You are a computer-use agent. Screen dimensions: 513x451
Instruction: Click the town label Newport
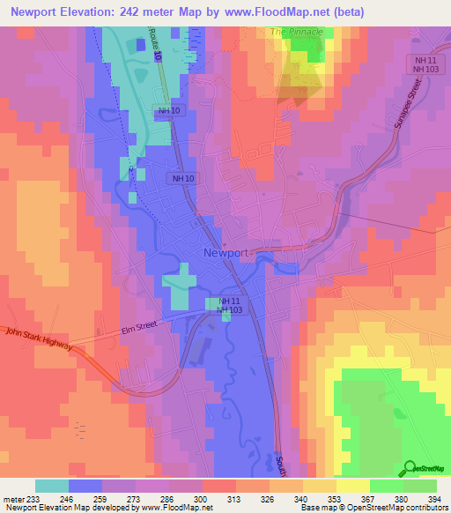point(225,252)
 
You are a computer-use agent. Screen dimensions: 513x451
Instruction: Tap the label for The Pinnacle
point(297,32)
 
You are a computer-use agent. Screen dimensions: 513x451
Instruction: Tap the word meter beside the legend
point(15,498)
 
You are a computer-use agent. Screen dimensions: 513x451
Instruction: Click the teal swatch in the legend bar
point(51,486)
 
